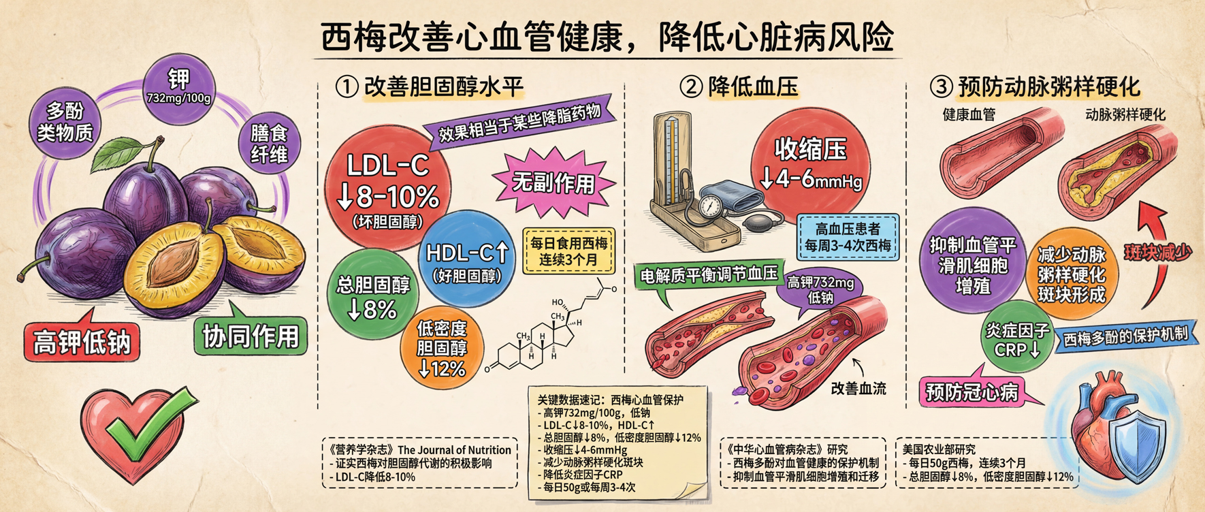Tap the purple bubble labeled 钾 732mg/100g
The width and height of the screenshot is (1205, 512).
(179, 88)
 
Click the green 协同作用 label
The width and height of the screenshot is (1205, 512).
(250, 334)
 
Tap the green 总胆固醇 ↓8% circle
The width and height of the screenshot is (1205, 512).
(372, 296)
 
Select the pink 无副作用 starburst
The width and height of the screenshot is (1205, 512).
(553, 182)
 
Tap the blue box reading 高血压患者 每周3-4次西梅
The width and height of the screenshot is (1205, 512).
(848, 237)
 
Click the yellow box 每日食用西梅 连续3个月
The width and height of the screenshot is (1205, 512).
(568, 251)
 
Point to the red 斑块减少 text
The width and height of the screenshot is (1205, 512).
(1158, 253)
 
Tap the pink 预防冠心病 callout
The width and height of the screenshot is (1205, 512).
(972, 391)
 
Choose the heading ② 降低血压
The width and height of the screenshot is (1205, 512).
(739, 87)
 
